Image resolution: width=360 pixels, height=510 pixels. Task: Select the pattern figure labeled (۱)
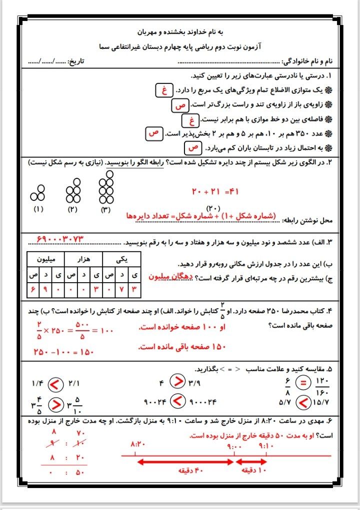(x=38, y=193)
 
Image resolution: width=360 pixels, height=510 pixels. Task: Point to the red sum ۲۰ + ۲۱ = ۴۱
(x=216, y=191)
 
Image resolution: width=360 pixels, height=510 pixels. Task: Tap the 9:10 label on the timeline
(x=266, y=444)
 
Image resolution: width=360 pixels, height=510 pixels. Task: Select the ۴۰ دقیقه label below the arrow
(x=186, y=471)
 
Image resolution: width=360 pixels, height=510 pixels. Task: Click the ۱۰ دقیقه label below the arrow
(x=252, y=471)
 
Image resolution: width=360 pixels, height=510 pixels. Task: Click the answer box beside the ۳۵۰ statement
(x=153, y=134)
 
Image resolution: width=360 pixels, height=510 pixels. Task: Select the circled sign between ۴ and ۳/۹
(x=177, y=382)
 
